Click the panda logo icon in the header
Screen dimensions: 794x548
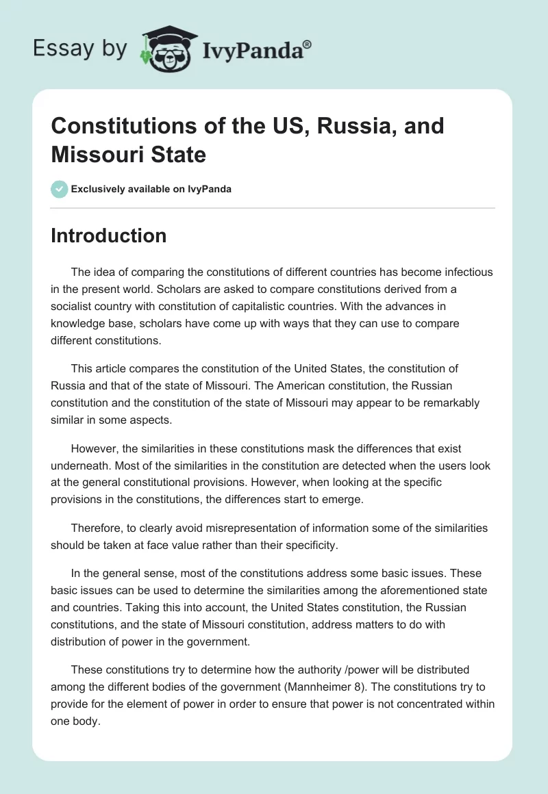164,49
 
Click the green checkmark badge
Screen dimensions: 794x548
60,189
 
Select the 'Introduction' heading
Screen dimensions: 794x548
108,235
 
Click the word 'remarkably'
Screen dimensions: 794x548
442,402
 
